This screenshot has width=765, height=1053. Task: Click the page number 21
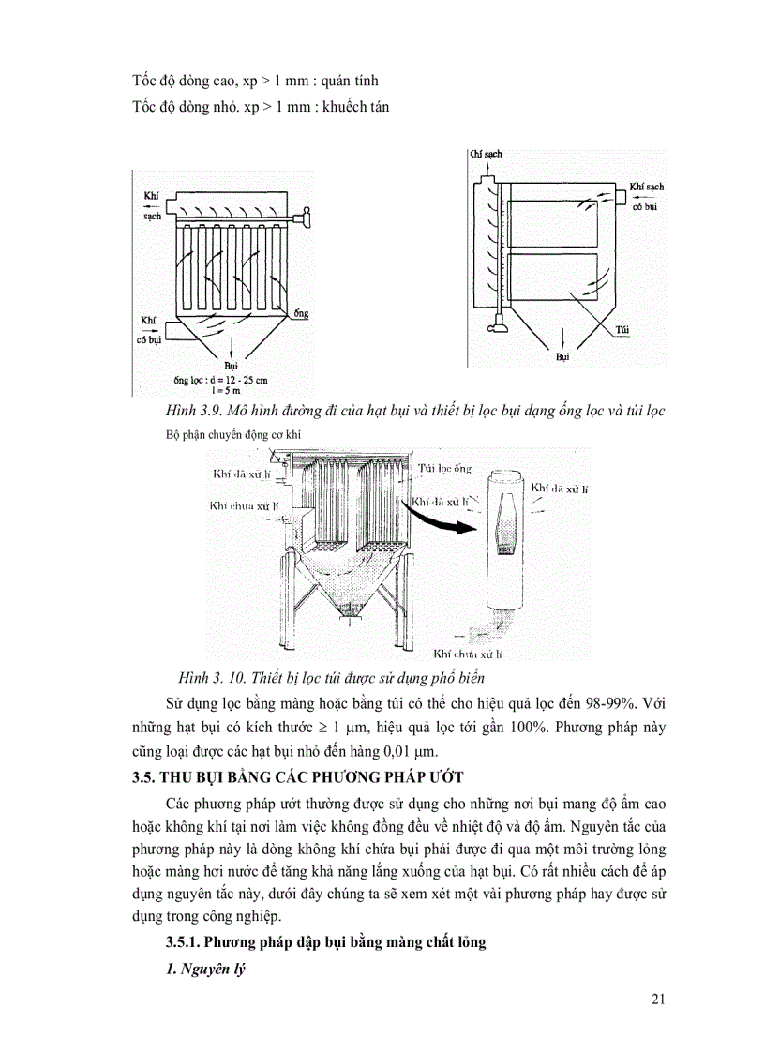(x=657, y=999)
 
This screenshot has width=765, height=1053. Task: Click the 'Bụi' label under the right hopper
(x=562, y=357)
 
